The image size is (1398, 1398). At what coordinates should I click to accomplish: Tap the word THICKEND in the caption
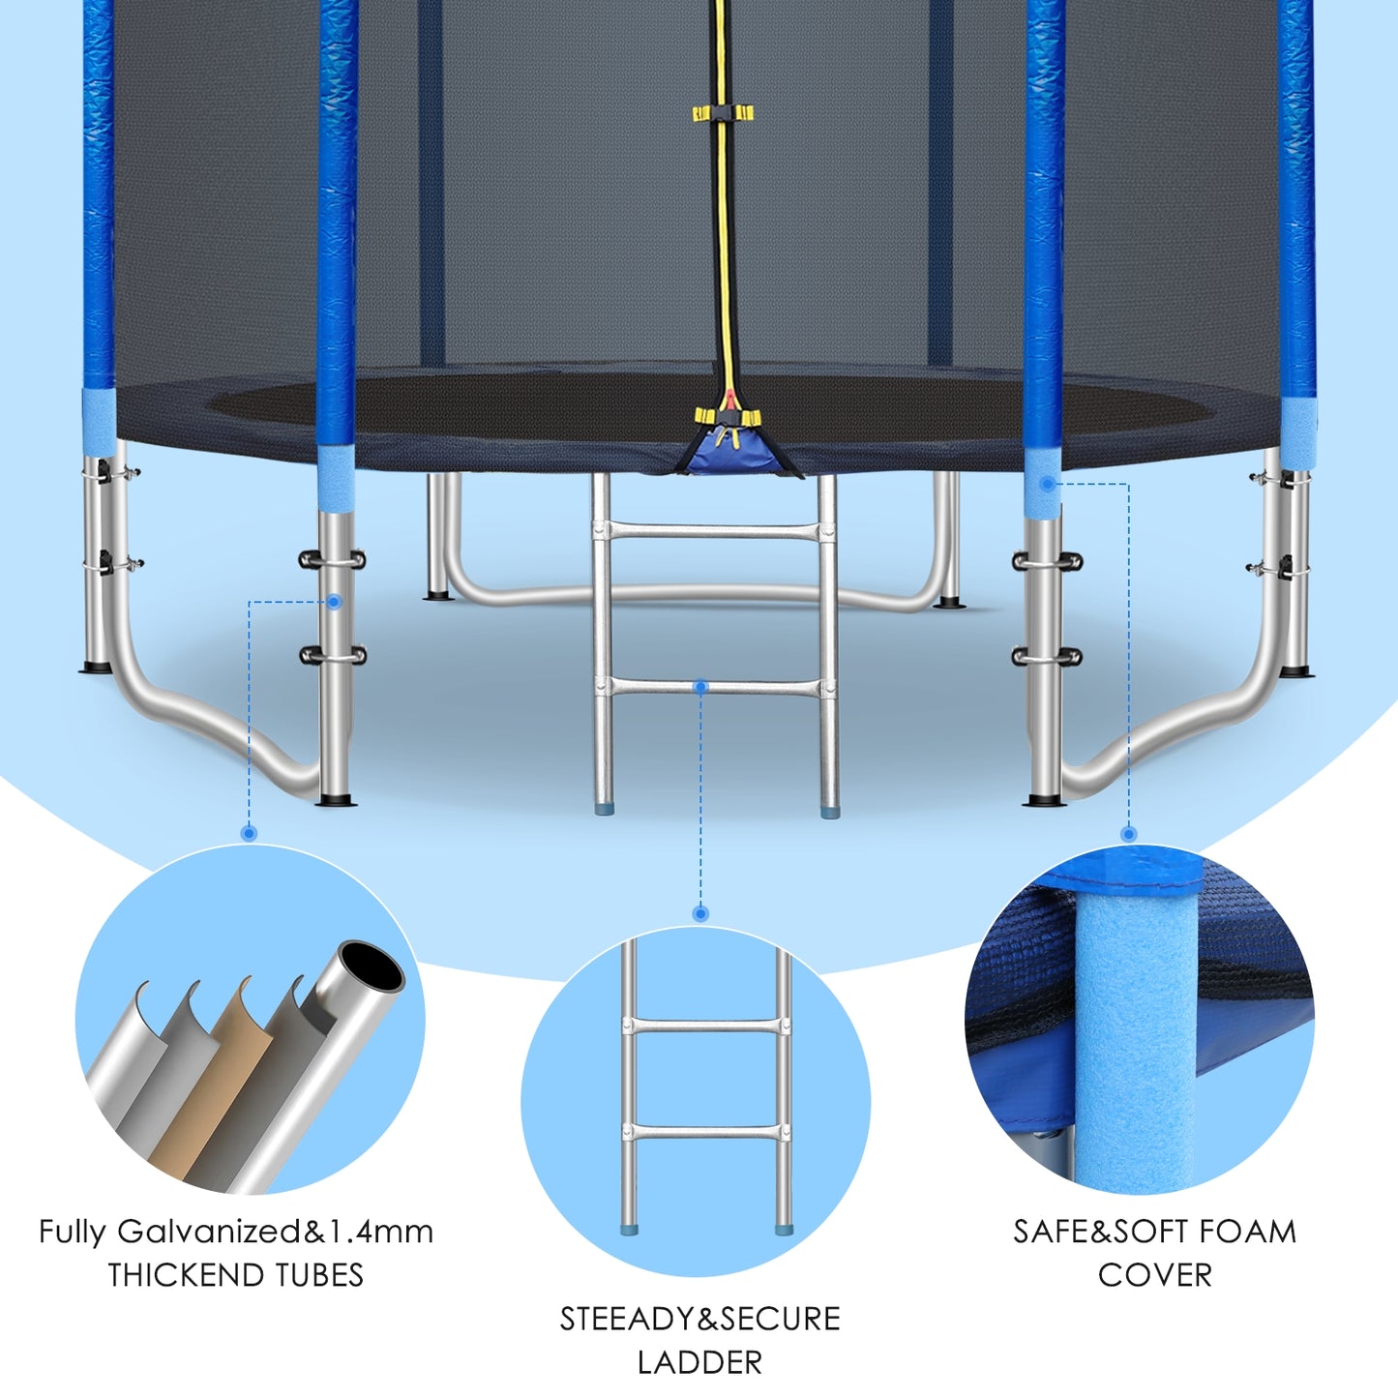point(186,1275)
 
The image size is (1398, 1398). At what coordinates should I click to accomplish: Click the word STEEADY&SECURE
point(699,1319)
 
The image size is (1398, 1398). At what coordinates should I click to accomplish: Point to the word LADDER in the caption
point(699,1362)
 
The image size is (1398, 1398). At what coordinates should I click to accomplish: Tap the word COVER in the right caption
point(1155,1275)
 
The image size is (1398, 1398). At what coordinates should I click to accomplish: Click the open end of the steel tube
point(372,967)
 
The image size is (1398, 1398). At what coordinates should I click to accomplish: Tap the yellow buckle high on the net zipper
point(723,112)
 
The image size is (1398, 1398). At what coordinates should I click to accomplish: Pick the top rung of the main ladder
point(713,532)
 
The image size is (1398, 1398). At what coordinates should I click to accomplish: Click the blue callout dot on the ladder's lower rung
point(700,686)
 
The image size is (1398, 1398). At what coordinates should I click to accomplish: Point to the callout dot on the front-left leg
point(334,602)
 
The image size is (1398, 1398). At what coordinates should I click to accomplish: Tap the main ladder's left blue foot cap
point(603,808)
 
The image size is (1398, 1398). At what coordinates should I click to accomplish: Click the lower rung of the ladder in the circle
point(705,1131)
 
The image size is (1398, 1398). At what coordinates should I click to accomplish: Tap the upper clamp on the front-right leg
point(1047,561)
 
